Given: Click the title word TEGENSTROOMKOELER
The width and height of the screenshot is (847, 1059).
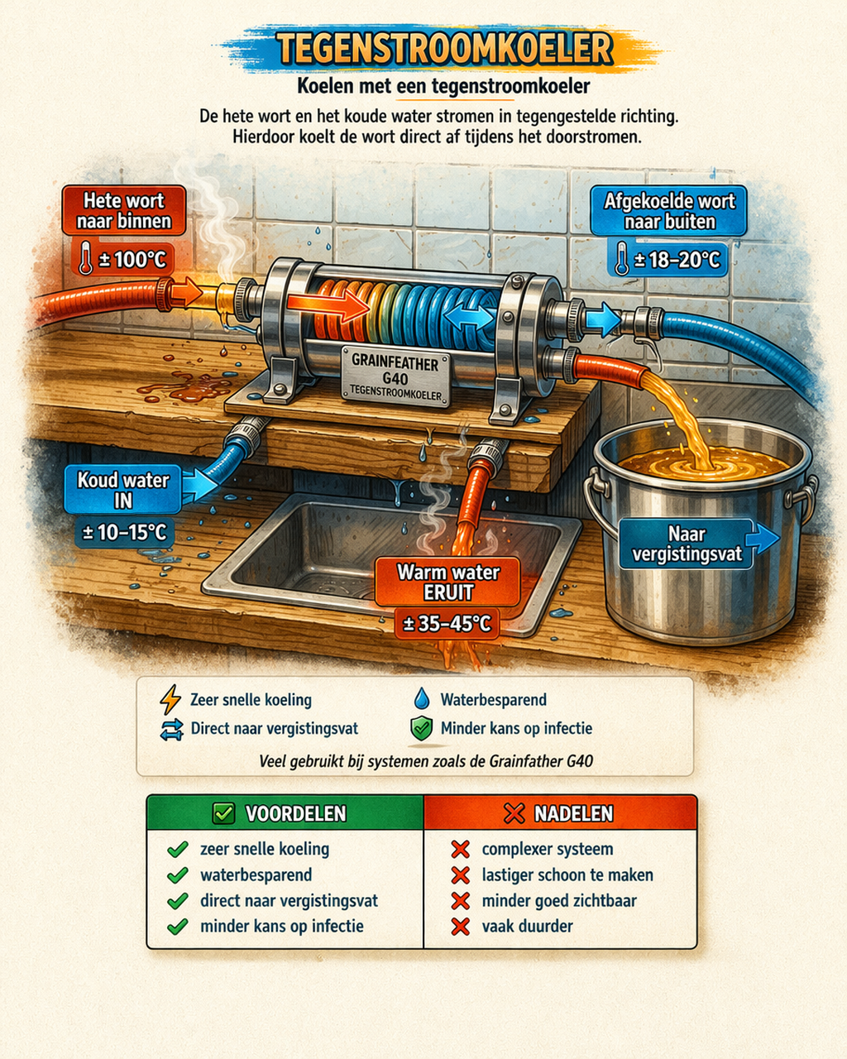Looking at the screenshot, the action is point(444,48).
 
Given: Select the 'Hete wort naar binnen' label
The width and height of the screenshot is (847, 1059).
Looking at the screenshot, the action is point(124,211).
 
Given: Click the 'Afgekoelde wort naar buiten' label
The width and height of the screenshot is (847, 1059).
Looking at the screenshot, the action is point(669,211).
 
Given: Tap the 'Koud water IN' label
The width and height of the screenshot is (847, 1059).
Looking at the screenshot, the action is point(123,490).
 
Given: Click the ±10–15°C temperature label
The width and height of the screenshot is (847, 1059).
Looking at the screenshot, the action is point(125,532).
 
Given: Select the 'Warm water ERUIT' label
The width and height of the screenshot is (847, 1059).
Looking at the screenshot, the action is point(447,582).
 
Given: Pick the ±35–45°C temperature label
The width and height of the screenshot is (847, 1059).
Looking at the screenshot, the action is point(447,624).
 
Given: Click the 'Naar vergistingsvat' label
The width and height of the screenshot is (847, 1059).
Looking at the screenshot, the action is point(686,544).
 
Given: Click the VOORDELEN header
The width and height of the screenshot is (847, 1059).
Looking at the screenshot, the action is point(285,813).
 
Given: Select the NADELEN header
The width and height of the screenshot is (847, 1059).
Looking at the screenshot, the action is point(560,813).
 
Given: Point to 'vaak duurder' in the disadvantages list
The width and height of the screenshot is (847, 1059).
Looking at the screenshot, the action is point(527,926).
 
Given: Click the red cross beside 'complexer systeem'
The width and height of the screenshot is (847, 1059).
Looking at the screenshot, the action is point(460,849).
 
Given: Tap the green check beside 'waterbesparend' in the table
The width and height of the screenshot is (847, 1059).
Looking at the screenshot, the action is point(178,875).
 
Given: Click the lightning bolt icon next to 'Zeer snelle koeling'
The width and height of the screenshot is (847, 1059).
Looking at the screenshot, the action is point(170,699).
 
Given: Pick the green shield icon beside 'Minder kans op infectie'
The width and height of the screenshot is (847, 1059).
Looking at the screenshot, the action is point(422,729).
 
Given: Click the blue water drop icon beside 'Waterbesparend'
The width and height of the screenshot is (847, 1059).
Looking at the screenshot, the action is point(422,699).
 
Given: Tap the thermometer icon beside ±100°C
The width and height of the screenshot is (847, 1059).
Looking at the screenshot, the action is point(86,258).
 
